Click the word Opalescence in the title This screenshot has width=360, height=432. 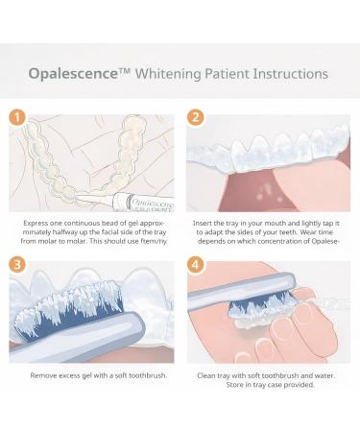tap(74, 74)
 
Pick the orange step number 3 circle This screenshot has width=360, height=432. tap(17, 266)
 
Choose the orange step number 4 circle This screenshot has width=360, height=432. tap(196, 266)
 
